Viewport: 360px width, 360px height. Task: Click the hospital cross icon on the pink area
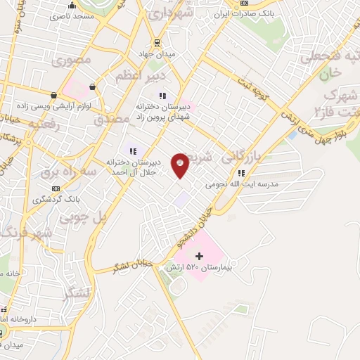198,256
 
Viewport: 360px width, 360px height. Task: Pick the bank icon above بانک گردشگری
56,188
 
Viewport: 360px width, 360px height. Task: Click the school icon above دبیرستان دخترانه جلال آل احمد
132,150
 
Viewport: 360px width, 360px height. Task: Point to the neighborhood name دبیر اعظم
149,75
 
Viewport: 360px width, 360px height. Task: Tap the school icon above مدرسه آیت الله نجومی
241,172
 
